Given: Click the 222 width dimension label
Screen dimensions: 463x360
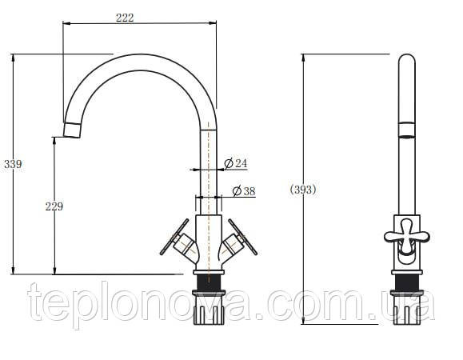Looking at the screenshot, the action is [x=125, y=18].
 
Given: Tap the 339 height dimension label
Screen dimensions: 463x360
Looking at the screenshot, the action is [x=13, y=164].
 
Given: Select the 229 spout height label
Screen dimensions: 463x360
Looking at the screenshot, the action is [x=54, y=206].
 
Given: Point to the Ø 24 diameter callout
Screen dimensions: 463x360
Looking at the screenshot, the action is [x=235, y=163].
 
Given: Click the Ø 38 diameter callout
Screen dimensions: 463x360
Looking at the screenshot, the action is [x=244, y=190].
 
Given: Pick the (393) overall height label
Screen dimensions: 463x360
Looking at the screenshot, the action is [x=303, y=190].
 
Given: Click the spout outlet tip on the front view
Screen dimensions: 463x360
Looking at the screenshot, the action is [x=72, y=130].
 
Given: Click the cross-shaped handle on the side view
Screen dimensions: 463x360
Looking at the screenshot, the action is [x=406, y=237].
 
